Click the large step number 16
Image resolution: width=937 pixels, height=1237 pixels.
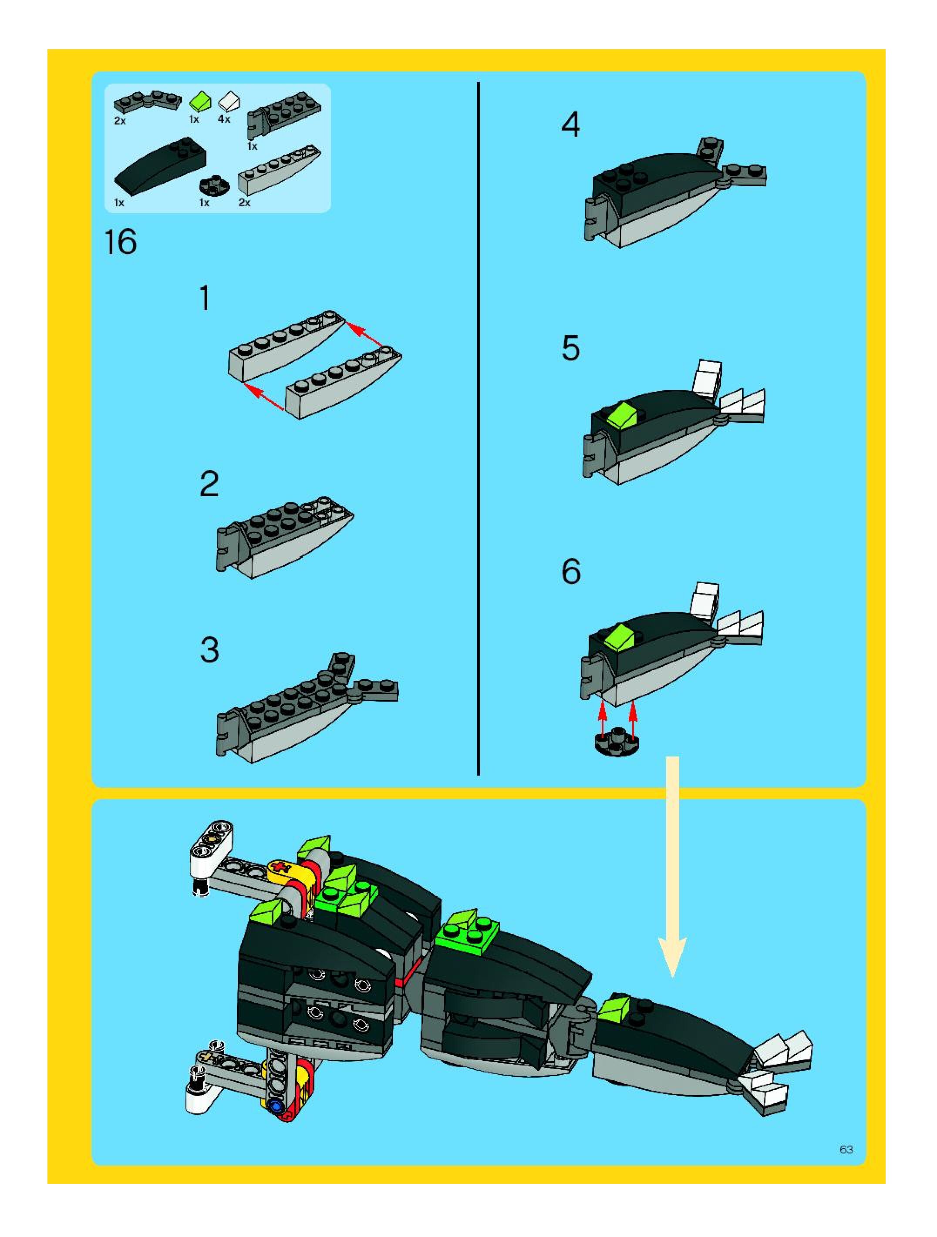pos(120,243)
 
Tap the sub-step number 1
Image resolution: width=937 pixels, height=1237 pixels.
pos(205,298)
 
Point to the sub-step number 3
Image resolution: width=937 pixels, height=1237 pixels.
pos(210,650)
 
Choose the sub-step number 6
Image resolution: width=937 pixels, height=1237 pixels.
pos(571,571)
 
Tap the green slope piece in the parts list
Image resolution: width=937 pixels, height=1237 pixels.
pos(201,102)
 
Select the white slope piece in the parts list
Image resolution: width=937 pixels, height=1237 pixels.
pos(229,101)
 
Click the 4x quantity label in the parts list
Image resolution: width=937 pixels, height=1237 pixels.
pos(224,119)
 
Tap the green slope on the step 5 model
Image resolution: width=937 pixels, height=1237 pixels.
pos(623,417)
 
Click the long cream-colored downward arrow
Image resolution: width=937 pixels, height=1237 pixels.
pos(672,866)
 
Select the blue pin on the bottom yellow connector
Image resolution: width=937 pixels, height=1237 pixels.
pos(275,1105)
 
